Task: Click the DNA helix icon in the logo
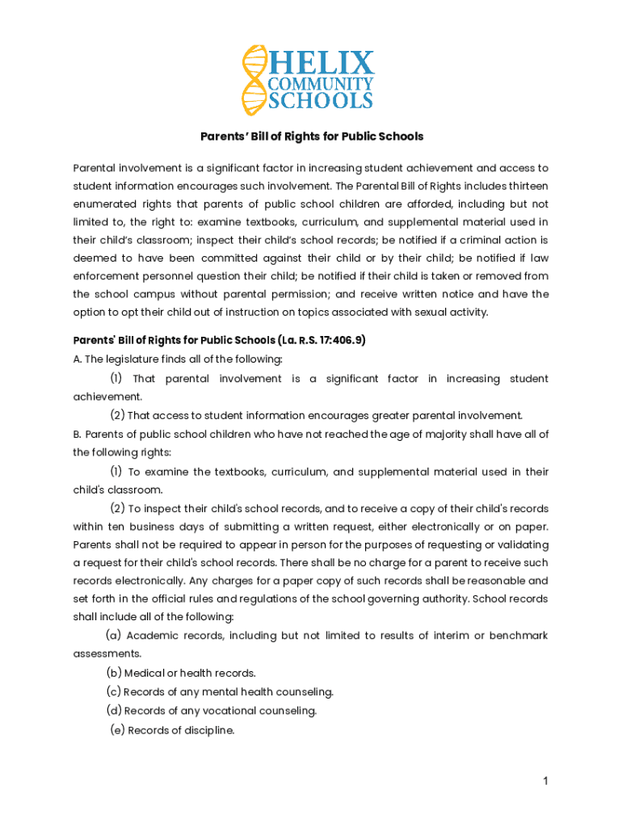pos(254,80)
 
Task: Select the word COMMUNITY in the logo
pos(321,83)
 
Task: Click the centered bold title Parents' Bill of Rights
pos(311,136)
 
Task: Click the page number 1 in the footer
pos(546,781)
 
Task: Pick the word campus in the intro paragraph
pos(154,294)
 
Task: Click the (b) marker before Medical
pos(113,673)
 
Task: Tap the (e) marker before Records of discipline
pos(117,731)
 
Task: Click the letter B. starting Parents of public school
pos(77,434)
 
